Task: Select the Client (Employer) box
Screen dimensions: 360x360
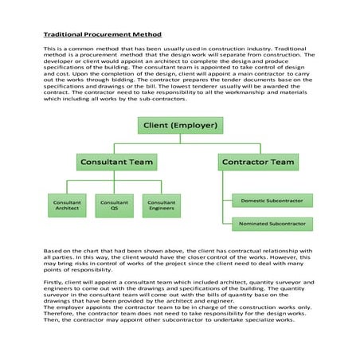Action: (x=180, y=126)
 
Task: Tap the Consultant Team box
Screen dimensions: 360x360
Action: (x=116, y=162)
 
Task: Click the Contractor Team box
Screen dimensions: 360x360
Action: (x=258, y=162)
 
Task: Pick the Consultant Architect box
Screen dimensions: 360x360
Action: (x=67, y=206)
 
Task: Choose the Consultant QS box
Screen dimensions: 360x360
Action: (x=115, y=206)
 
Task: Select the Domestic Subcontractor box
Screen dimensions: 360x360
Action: (x=272, y=201)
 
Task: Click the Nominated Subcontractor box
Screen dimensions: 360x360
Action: (x=272, y=225)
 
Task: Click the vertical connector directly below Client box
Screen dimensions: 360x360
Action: (x=180, y=139)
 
